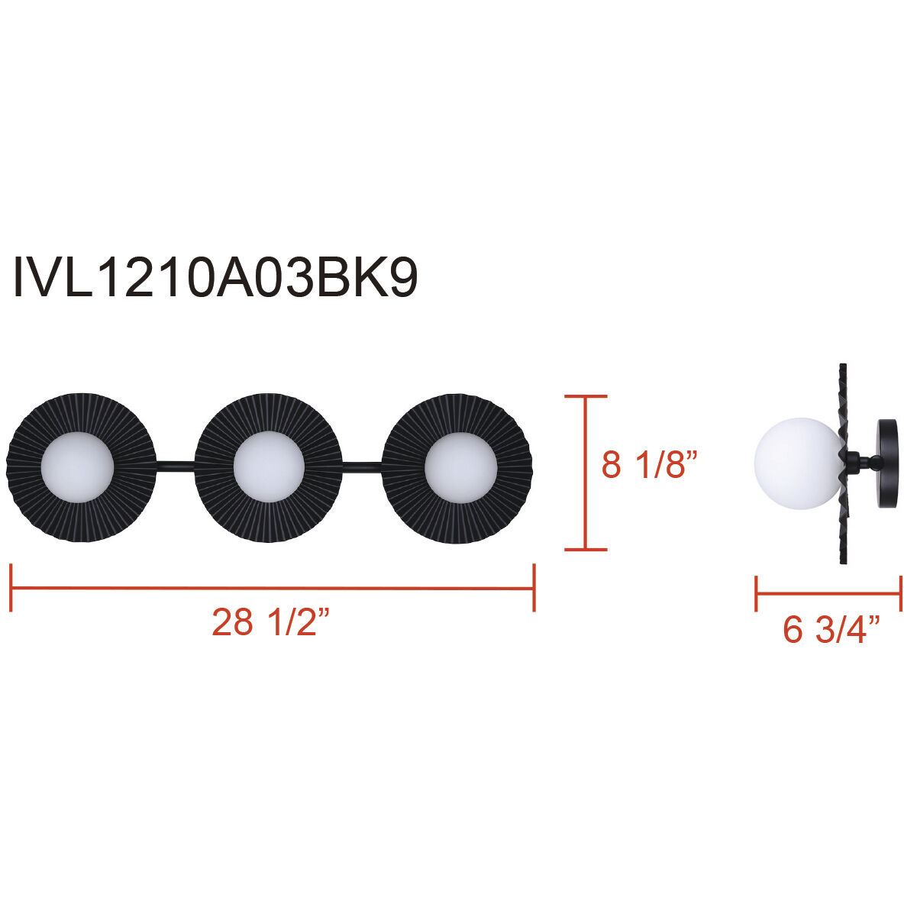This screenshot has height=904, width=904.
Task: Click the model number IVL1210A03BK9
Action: click(x=215, y=279)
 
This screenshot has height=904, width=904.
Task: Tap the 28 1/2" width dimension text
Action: click(x=271, y=623)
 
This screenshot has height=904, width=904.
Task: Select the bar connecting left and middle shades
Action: click(x=176, y=463)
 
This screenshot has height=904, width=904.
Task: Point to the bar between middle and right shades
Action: click(x=363, y=463)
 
